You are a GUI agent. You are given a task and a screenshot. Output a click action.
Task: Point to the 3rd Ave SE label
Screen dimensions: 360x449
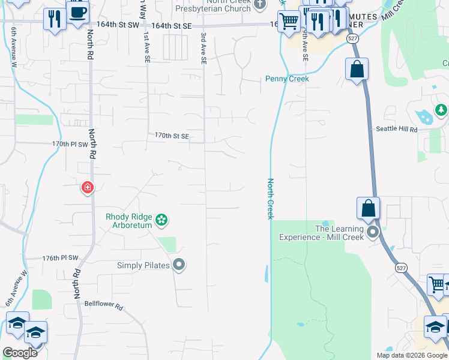coord(203,49)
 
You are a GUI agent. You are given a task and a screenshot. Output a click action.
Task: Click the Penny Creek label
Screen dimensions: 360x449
coord(288,79)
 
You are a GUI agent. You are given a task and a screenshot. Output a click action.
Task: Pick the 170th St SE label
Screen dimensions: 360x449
coord(172,136)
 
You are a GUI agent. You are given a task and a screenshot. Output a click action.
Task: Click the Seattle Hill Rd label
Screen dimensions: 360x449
coord(396,130)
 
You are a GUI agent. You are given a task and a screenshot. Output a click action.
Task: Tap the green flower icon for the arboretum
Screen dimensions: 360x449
coord(161,220)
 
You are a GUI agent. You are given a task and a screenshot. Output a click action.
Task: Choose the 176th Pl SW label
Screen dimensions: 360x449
coord(61,258)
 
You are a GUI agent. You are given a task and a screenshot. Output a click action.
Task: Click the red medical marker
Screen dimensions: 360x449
coord(88,188)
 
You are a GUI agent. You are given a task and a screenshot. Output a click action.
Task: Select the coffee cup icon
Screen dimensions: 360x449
coord(77,12)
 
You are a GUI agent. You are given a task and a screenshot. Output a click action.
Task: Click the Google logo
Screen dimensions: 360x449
coord(20,353)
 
